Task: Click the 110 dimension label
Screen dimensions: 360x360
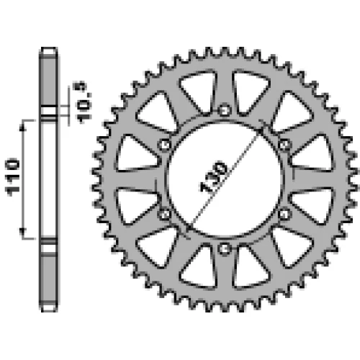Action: (x=12, y=177)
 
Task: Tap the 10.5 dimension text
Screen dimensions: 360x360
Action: (x=85, y=102)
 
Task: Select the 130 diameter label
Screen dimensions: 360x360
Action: (x=213, y=177)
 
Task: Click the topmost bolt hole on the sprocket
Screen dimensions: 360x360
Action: (x=225, y=111)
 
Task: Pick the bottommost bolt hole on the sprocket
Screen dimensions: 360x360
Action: (x=225, y=249)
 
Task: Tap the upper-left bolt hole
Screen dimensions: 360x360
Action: (x=165, y=145)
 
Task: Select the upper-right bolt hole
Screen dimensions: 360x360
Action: (x=284, y=145)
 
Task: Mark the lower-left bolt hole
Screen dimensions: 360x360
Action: (x=165, y=214)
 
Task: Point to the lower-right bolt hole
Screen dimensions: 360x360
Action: (x=284, y=214)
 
